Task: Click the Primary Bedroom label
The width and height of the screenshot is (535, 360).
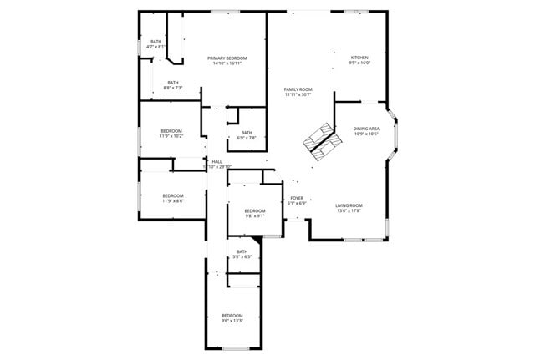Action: coord(227,58)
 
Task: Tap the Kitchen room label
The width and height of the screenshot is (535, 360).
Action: coord(359,58)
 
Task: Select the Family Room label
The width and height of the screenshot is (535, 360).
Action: coord(298,89)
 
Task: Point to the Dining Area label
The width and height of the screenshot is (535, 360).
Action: coord(366,129)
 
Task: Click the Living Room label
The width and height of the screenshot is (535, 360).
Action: coord(349,205)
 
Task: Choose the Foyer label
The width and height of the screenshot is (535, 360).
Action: coord(297,198)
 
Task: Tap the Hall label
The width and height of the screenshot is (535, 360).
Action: coord(217,161)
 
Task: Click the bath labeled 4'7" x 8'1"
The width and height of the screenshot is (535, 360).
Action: coord(155,42)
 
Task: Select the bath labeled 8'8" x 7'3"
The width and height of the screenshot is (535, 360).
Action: coord(172,83)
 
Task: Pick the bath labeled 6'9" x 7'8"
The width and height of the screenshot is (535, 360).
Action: coord(247,133)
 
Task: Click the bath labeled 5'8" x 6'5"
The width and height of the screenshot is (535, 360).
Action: coord(242,251)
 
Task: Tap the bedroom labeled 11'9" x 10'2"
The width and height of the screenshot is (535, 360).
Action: coord(171,131)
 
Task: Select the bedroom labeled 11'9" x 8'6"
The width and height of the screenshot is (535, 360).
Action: coord(172,196)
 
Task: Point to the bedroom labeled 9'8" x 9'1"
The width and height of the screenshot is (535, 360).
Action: coord(255,210)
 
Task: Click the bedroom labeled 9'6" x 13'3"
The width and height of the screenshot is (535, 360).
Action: coord(232,315)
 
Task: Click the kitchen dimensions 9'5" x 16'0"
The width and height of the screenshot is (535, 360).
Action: coord(359,63)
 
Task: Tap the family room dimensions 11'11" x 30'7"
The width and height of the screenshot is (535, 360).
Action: coord(298,95)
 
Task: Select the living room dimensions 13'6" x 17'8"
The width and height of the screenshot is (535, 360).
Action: coord(349,211)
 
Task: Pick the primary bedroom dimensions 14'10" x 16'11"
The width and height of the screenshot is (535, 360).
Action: coord(227,63)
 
